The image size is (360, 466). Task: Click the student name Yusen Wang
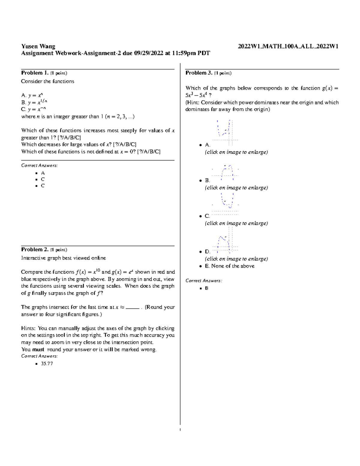38,46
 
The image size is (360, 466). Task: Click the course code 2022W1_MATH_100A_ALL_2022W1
288,46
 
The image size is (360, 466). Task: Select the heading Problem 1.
34,73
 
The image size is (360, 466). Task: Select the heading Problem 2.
34,250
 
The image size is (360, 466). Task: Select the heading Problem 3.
199,73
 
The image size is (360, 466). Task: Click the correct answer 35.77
47,364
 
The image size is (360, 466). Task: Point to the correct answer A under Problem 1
43,173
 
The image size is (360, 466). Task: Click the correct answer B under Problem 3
207,288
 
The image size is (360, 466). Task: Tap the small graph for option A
225,132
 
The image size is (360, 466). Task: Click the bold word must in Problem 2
38,350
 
